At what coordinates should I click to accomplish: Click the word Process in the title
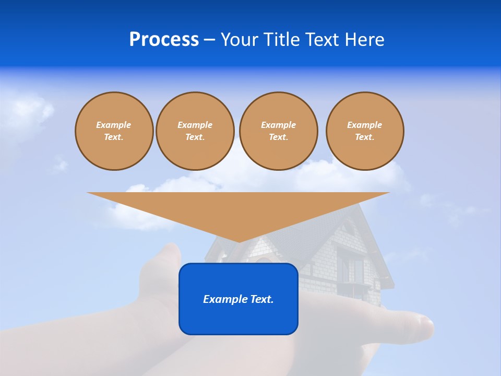point(164,40)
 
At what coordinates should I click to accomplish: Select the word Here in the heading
point(365,40)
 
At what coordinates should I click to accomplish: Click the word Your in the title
point(240,40)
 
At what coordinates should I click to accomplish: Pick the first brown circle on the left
point(114,131)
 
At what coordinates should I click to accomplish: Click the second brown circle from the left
point(195,131)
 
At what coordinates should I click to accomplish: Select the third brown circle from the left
point(278,131)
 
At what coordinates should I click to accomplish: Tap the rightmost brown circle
point(365,131)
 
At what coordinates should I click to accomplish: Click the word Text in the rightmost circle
point(364,137)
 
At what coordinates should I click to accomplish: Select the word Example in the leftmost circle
point(114,125)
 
